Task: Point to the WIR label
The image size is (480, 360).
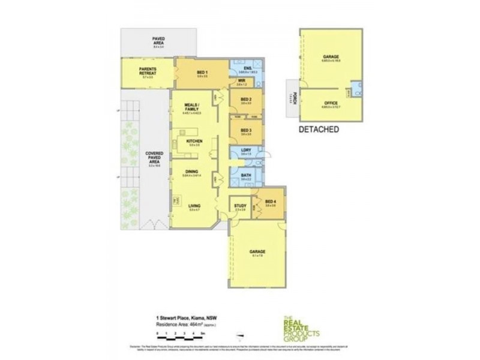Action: point(242,80)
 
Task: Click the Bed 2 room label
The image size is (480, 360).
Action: point(245,100)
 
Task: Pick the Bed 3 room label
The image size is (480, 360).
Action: point(245,130)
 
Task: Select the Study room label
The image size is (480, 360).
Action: point(241,206)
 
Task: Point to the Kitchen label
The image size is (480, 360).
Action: point(193,142)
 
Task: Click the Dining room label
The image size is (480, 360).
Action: point(192,170)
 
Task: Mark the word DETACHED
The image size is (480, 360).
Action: point(319,128)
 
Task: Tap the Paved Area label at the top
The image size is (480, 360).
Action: point(158,40)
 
